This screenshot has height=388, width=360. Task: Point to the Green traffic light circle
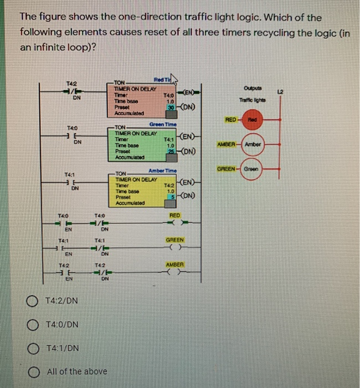pos(269,167)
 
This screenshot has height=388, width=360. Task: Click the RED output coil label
pos(175,215)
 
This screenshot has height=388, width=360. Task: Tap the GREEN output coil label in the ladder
pos(175,239)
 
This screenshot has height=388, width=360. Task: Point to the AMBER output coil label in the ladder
pos(175,265)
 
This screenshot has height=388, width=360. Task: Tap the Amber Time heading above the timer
pos(163,170)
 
